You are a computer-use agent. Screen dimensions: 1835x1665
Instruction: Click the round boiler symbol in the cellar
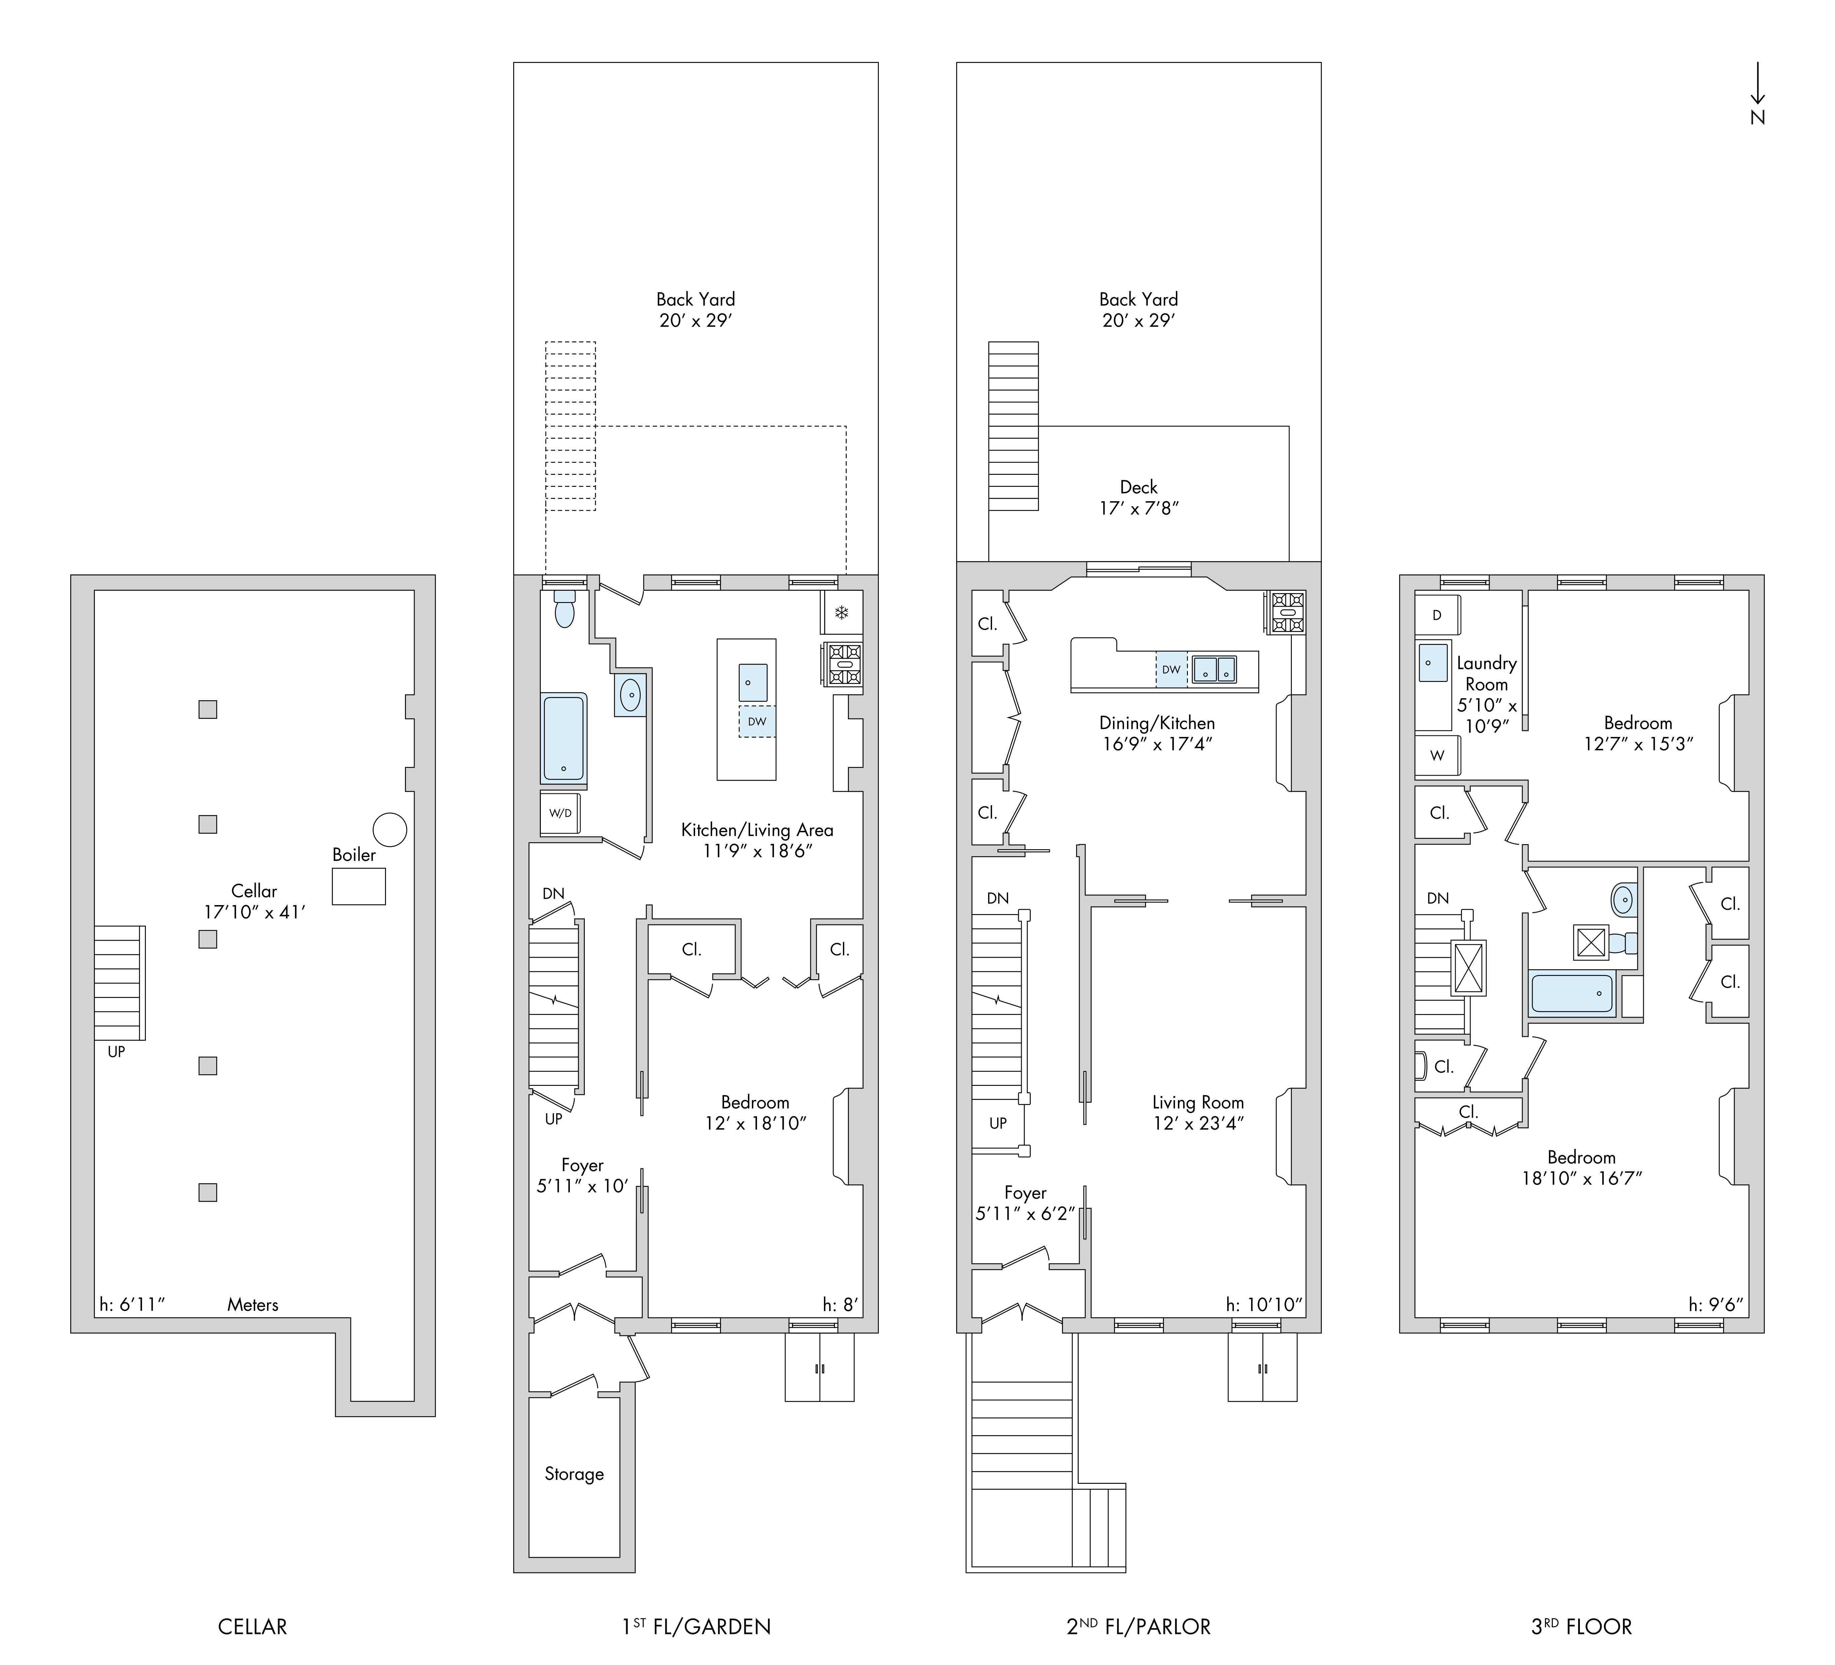(x=390, y=829)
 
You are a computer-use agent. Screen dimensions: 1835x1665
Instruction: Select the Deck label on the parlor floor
(x=1139, y=487)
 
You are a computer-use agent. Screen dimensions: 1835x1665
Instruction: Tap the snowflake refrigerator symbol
(x=842, y=613)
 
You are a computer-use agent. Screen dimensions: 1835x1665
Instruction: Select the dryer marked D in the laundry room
(x=1437, y=615)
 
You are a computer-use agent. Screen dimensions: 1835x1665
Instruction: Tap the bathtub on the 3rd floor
(x=1573, y=993)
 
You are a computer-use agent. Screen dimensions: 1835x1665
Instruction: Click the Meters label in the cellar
(x=253, y=1304)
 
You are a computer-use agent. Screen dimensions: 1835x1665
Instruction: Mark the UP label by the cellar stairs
(x=117, y=1051)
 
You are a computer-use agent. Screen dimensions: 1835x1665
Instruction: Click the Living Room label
(x=1198, y=1103)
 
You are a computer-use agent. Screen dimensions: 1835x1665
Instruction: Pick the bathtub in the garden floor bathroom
(x=564, y=737)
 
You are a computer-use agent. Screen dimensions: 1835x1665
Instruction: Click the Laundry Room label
(x=1486, y=674)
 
